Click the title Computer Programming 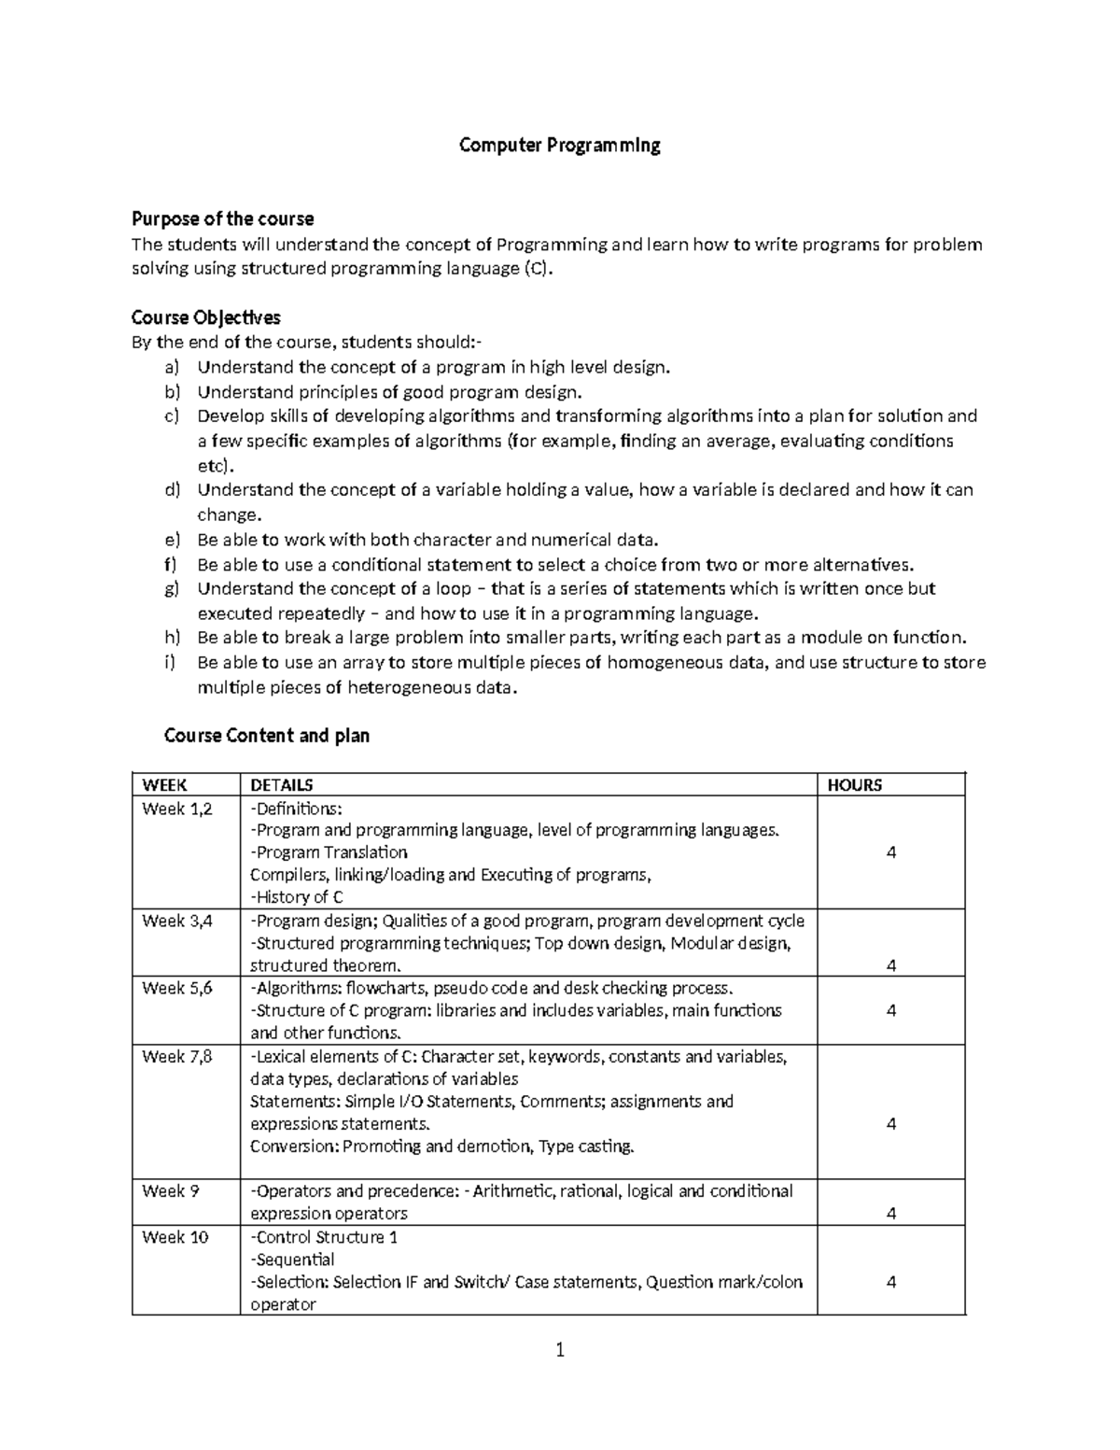tap(559, 146)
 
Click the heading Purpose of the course tap(222, 218)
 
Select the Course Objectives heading tap(205, 317)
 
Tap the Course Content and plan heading tap(267, 736)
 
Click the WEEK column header tap(164, 785)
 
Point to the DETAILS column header tap(282, 785)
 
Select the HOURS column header tap(854, 785)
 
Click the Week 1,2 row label tap(176, 809)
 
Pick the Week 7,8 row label tap(176, 1057)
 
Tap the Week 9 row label tap(170, 1191)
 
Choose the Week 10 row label tap(175, 1237)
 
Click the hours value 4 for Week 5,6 tap(891, 1010)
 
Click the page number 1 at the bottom tap(560, 1350)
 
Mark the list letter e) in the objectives tap(171, 540)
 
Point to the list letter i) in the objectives tap(170, 663)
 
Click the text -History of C tap(297, 897)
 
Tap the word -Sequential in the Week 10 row tap(292, 1260)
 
